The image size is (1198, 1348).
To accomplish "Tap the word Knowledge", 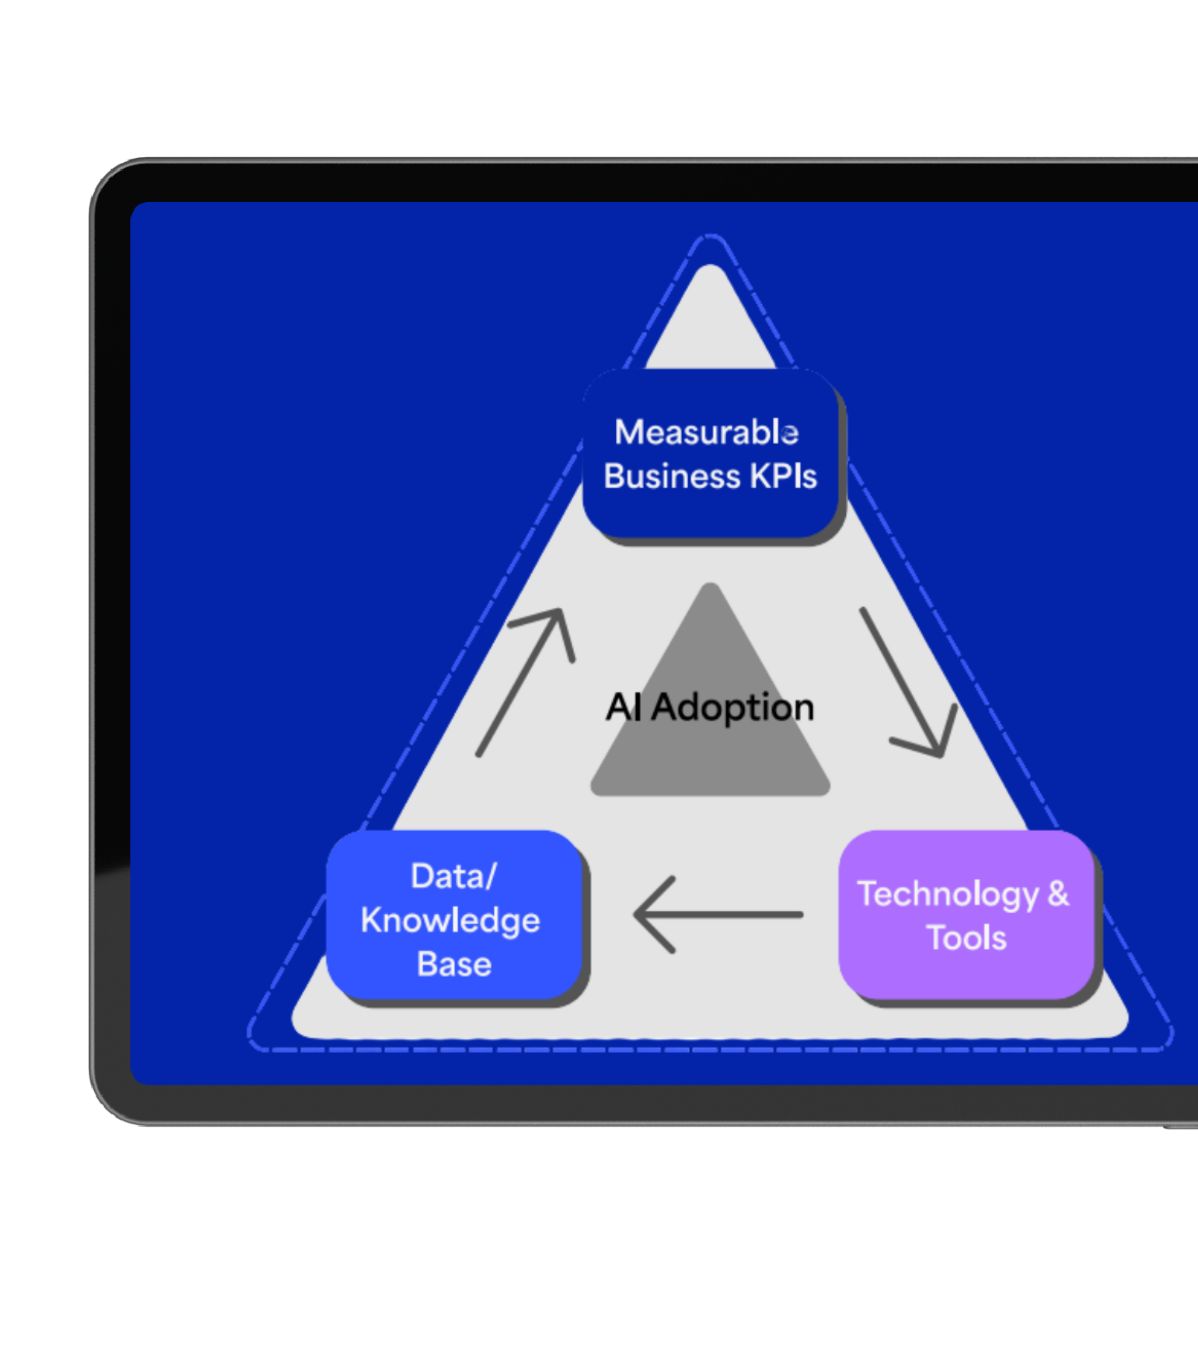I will point(450,921).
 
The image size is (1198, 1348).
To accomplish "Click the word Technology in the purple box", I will point(948,895).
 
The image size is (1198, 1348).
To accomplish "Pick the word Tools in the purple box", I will point(966,938).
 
